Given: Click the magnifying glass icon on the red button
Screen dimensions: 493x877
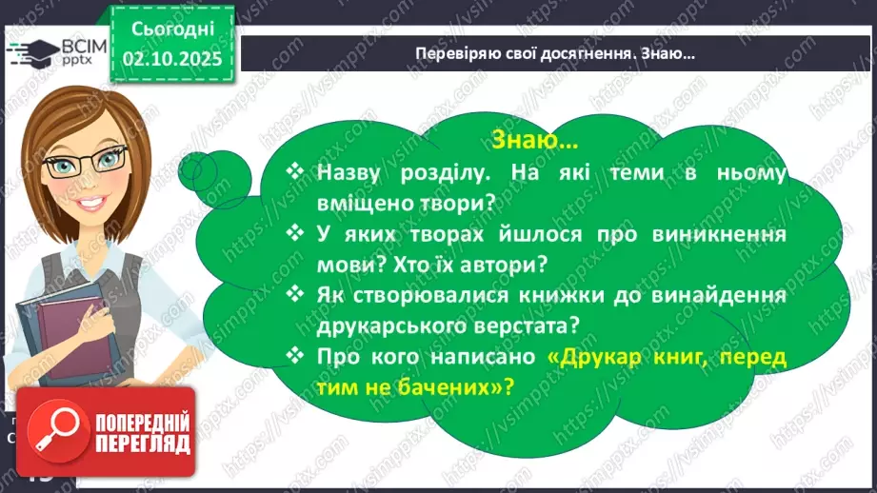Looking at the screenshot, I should [54, 435].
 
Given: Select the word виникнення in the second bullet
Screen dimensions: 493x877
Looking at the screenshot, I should [725, 234].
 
